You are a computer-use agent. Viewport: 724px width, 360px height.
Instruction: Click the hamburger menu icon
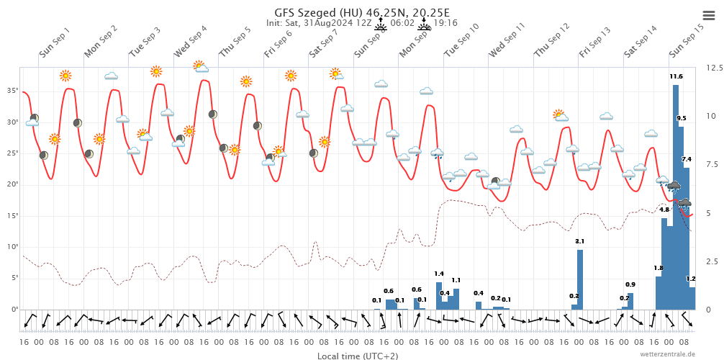pyautogui.click(x=708, y=15)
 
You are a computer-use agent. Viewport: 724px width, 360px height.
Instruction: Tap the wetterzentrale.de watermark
pyautogui.click(x=668, y=354)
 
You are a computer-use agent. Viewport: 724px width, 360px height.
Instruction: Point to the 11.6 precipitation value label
pyautogui.click(x=676, y=76)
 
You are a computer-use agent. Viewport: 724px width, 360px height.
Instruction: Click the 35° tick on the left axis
pyautogui.click(x=12, y=91)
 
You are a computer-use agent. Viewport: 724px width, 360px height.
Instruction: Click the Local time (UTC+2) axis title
pyautogui.click(x=358, y=356)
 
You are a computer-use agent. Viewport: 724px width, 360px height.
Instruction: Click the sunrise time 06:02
pyautogui.click(x=402, y=23)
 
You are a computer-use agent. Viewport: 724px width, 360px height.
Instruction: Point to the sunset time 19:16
pyautogui.click(x=445, y=23)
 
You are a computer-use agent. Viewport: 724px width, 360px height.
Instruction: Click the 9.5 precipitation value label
pyautogui.click(x=682, y=118)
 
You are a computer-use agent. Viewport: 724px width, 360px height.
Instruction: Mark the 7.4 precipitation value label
pyautogui.click(x=687, y=159)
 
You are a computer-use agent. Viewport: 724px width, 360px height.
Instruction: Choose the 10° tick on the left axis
pyautogui.click(x=12, y=246)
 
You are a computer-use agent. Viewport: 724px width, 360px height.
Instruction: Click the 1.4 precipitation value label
pyautogui.click(x=439, y=274)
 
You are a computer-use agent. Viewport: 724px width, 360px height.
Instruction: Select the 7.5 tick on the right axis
pyautogui.click(x=714, y=164)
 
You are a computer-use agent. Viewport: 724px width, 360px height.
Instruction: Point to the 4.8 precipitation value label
pyautogui.click(x=664, y=210)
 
